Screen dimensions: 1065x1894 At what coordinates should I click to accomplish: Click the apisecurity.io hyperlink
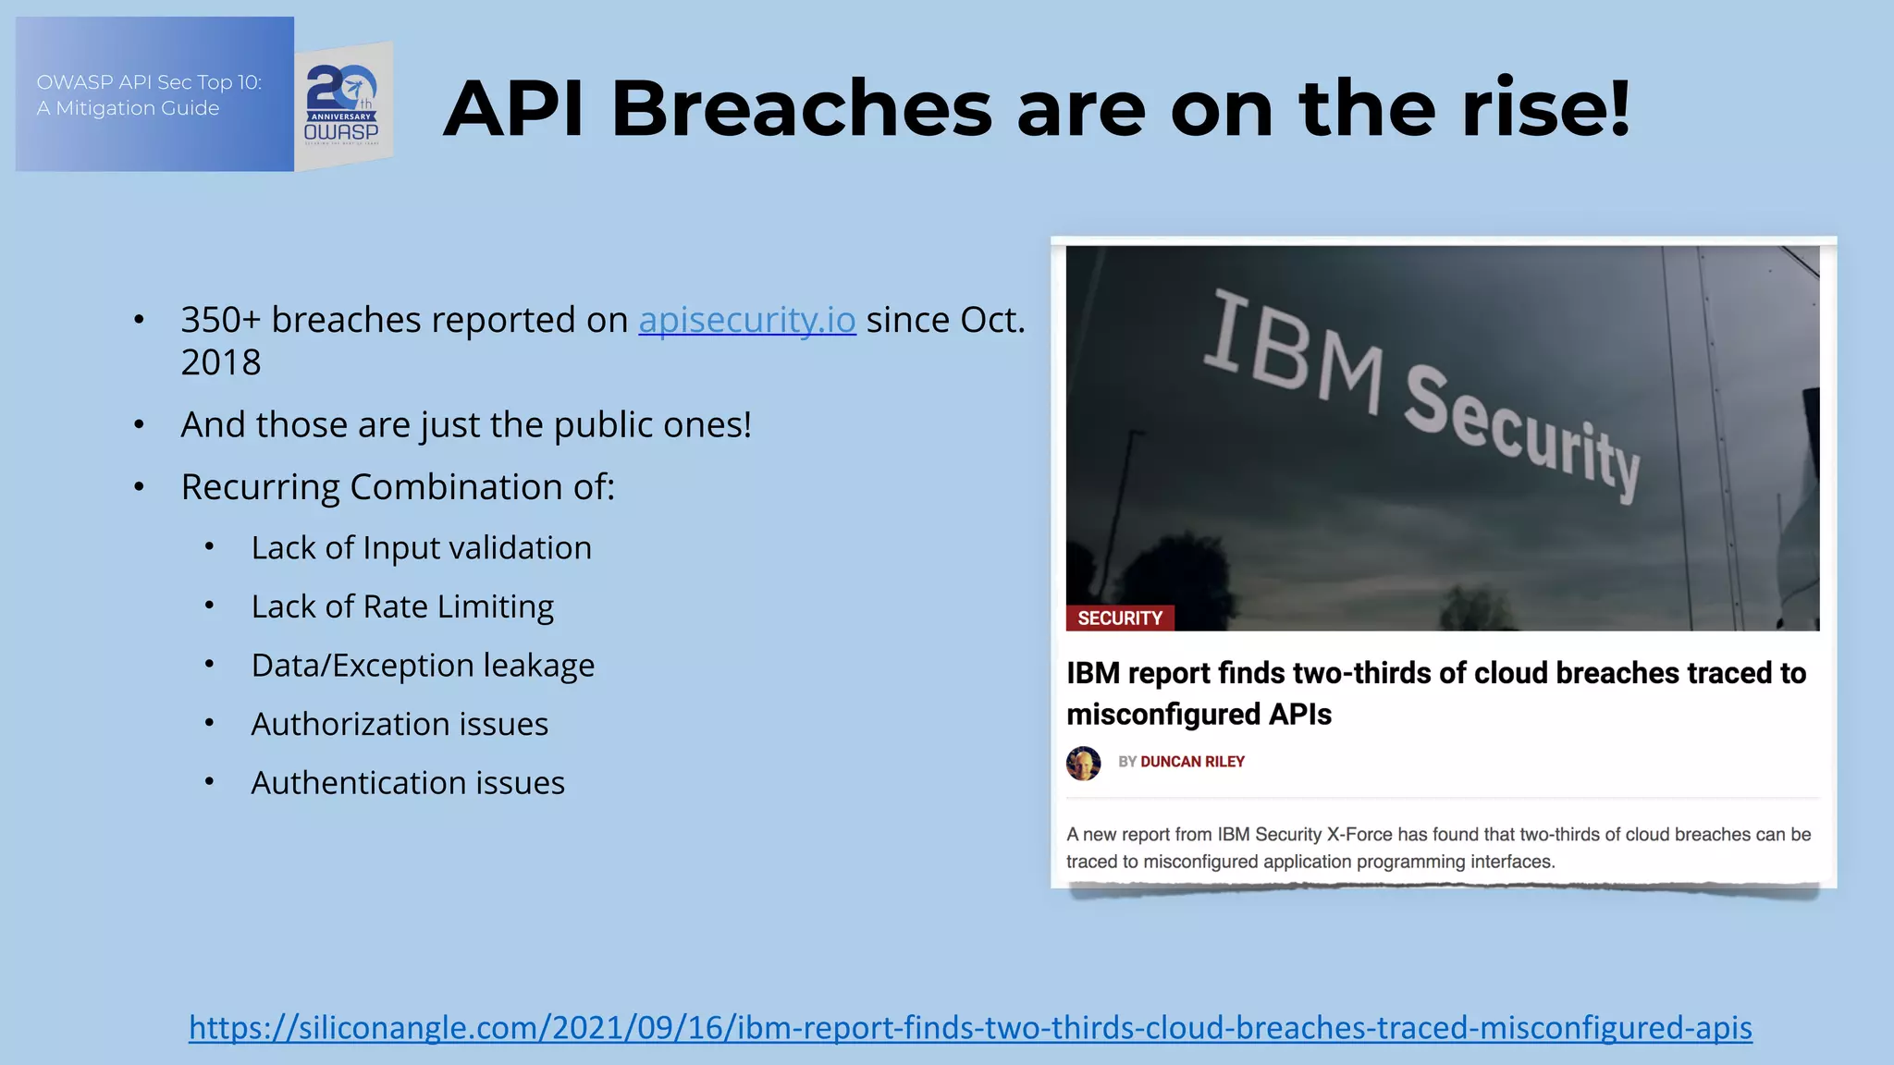pos(747,320)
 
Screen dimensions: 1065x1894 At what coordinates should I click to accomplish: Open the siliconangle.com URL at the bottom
pos(970,1028)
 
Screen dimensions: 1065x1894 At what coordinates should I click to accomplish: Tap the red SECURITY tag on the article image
pos(1119,618)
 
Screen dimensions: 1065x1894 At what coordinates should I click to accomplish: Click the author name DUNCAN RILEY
pos(1192,762)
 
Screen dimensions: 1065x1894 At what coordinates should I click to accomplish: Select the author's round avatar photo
pos(1083,764)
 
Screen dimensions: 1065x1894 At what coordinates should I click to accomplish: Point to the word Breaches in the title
pos(801,109)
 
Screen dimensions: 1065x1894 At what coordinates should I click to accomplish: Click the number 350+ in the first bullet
pos(220,320)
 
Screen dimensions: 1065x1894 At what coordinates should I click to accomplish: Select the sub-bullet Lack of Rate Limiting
pos(402,606)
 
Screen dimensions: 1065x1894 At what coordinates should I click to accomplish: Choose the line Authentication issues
pos(408,783)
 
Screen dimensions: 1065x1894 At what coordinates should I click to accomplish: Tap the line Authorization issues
pos(400,724)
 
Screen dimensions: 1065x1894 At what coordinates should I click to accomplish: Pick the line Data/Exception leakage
pos(423,666)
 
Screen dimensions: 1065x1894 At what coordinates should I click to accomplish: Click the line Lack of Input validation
pos(421,548)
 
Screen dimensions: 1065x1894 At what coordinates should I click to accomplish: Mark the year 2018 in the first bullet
pos(221,362)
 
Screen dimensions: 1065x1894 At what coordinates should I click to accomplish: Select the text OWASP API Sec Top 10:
pos(149,82)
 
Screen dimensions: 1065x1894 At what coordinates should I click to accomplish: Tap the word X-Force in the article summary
pos(1359,835)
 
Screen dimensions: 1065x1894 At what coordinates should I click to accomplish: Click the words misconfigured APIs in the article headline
pos(1199,715)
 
